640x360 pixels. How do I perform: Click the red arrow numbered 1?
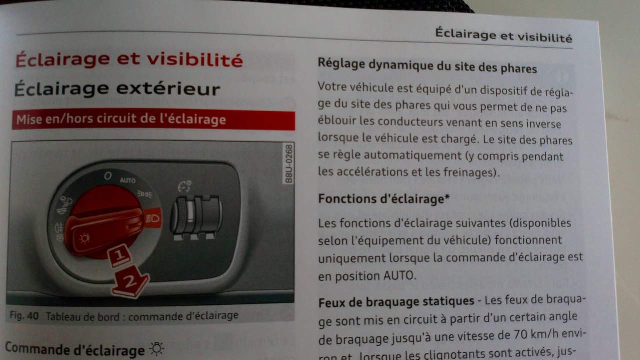coord(119,255)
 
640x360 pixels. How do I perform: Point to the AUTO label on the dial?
coord(127,180)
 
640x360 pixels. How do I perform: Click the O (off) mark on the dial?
coord(108,175)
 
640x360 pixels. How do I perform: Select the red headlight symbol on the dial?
coord(153,219)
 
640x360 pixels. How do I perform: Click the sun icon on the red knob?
coord(84,238)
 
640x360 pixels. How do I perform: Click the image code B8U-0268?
coord(289,164)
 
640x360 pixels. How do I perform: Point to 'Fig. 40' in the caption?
coord(24,315)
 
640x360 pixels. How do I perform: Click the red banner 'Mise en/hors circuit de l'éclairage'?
coord(153,120)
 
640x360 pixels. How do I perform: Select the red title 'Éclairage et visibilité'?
coord(129,60)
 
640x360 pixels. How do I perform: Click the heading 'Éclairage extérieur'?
coord(117,89)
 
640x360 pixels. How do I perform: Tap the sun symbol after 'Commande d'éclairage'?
coord(157,349)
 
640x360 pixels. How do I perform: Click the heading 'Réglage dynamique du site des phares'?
coord(427,66)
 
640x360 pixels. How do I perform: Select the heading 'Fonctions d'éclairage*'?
coord(384,199)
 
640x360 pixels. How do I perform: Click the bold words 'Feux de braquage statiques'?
coord(396,302)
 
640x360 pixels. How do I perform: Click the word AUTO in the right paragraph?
coord(398,275)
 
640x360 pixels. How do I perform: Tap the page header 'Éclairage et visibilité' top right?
coord(504,35)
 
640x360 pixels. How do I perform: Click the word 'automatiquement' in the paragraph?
coord(412,156)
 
